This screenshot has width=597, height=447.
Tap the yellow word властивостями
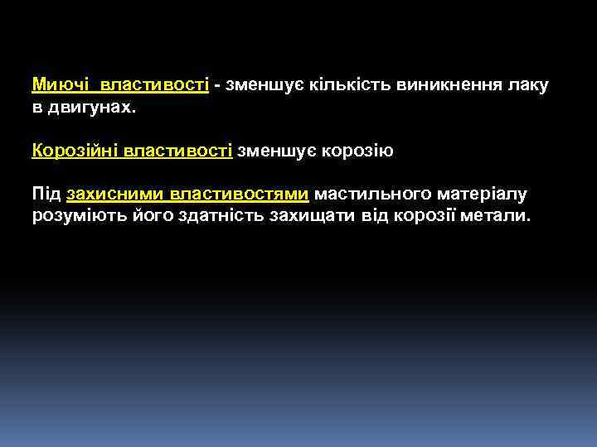pos(240,194)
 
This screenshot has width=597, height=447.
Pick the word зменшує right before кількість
pos(254,85)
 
